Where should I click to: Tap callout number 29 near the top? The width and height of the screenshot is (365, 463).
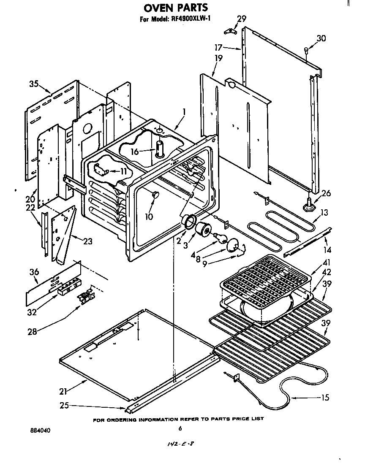click(x=241, y=19)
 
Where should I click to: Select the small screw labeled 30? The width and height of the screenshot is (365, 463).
click(x=305, y=50)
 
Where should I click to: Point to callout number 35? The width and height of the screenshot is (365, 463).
click(x=34, y=83)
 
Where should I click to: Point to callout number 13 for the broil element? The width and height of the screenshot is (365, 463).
click(x=324, y=212)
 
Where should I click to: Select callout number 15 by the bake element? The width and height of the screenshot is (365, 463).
click(x=325, y=398)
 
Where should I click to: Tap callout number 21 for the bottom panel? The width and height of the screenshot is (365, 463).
click(x=63, y=390)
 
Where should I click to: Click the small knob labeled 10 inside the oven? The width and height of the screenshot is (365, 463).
click(x=155, y=194)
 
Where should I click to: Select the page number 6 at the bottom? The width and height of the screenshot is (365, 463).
click(x=180, y=428)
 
